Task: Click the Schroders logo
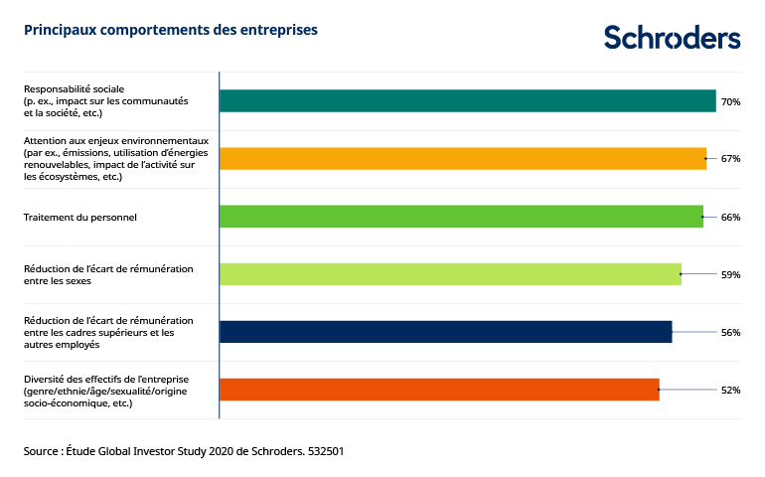tap(672, 38)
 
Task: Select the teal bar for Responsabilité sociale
tap(467, 101)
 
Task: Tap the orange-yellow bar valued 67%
tap(462, 159)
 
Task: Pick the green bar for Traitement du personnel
tap(461, 217)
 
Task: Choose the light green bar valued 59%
tap(450, 274)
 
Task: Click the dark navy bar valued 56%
tap(445, 332)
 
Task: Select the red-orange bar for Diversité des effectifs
tap(439, 390)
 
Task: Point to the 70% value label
tap(731, 101)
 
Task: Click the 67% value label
tap(731, 159)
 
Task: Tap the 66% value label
tap(731, 217)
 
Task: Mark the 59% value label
tap(731, 274)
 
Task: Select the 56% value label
tap(731, 332)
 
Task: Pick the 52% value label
tap(731, 390)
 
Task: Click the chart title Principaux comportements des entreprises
tap(171, 30)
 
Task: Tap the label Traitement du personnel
tap(79, 217)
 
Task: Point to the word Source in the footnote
tap(42, 451)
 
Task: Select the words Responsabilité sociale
tap(75, 89)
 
